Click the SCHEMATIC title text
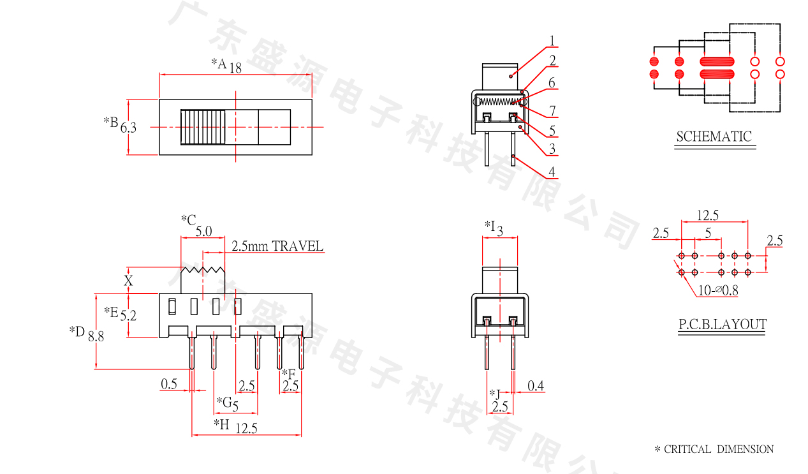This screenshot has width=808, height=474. (714, 137)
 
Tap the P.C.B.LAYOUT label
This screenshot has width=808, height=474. (722, 325)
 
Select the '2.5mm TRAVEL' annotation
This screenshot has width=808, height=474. (277, 246)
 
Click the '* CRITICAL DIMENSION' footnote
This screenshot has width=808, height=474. (714, 450)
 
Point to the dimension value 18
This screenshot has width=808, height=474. (235, 68)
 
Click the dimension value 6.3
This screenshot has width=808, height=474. (128, 128)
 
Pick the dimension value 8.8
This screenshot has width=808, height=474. (96, 336)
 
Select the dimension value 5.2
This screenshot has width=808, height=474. (128, 315)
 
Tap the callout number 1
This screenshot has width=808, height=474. (552, 41)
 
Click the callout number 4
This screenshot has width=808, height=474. (552, 172)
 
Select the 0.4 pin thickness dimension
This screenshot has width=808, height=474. (536, 386)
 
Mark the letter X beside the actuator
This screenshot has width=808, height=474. (128, 280)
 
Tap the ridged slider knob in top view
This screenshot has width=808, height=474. (203, 128)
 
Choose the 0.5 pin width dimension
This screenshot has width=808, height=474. (169, 384)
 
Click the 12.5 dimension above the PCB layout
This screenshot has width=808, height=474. (707, 216)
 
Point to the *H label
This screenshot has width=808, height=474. (221, 424)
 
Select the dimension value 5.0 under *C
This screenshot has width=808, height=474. (203, 232)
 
